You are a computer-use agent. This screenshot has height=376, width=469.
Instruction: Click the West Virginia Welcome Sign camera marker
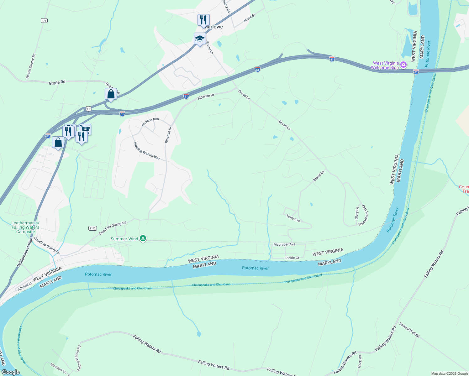pos(403,65)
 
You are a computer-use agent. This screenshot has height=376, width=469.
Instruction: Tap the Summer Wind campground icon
pos(143,238)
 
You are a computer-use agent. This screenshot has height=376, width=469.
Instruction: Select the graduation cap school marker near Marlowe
pos(200,39)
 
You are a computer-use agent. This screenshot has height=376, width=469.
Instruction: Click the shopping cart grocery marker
pos(85,129)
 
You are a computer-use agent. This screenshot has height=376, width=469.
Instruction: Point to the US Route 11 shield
pos(88,109)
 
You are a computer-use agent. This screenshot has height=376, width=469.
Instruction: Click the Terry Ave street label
pos(293,218)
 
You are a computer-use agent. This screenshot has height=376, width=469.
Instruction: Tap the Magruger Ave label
pos(284,244)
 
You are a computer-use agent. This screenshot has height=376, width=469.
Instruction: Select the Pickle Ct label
pos(292,258)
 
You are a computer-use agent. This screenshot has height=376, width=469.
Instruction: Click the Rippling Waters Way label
pos(147,151)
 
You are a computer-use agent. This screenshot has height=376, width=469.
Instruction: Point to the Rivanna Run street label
pos(150,122)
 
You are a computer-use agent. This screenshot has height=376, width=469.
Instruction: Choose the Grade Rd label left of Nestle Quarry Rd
pos(57,82)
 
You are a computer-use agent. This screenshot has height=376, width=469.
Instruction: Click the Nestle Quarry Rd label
pos(31,66)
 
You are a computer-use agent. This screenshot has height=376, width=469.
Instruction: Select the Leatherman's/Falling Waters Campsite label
pos(25,227)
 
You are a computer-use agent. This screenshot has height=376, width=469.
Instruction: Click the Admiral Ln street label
pos(25,286)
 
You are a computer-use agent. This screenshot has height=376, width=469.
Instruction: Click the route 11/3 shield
pos(92,228)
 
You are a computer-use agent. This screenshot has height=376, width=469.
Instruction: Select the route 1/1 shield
pos(44,21)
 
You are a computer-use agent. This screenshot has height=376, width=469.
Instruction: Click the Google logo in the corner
pos(11,372)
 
